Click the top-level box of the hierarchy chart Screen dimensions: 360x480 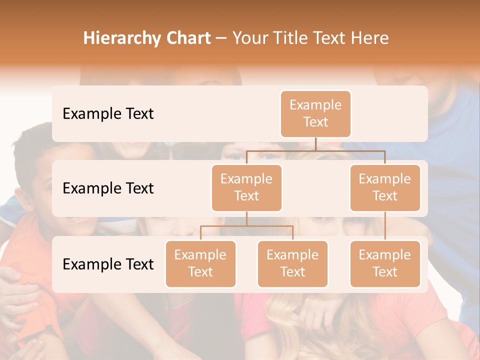tap(315, 114)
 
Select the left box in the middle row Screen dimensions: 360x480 tap(246, 188)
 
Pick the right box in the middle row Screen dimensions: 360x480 tap(385, 188)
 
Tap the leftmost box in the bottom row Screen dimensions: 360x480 tap(200, 264)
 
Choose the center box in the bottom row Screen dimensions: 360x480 tap(292, 264)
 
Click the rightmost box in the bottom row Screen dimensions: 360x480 tap(385, 264)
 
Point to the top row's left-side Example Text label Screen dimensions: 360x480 tap(108, 114)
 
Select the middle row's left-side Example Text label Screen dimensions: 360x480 tap(108, 188)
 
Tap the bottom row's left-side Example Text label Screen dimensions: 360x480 tap(108, 264)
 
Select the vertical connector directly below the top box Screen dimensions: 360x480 tap(315, 144)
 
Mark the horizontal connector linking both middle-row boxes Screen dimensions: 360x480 tap(315, 150)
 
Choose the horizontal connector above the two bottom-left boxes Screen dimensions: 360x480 tap(246, 226)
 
